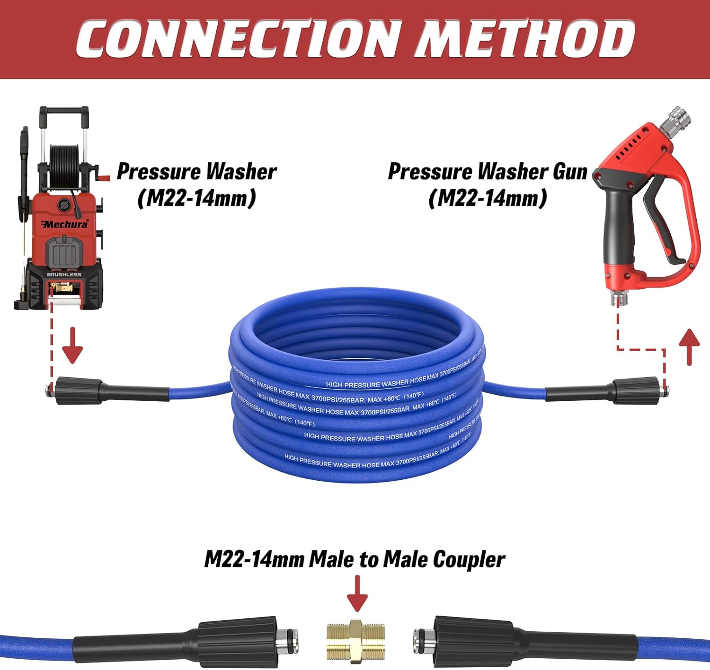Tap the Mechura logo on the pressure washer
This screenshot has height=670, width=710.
coord(65,224)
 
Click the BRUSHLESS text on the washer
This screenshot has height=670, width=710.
coord(64,274)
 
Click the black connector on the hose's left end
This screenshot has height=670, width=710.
coord(78,390)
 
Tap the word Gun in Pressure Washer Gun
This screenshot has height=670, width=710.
coord(570,171)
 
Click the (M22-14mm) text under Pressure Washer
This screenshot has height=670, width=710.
coord(196,198)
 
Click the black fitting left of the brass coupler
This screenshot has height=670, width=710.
coord(237,641)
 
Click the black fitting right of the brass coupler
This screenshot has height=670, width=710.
coord(473,641)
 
